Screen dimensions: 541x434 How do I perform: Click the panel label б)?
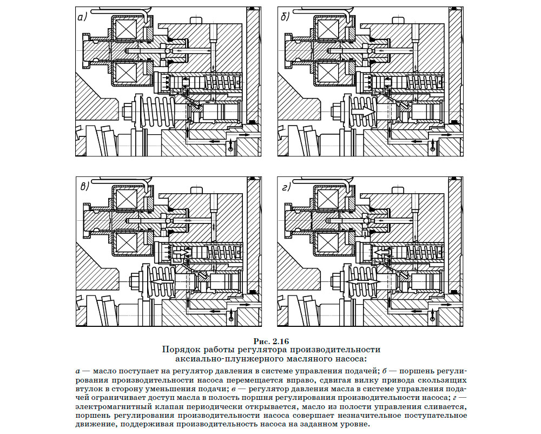(x=285, y=17)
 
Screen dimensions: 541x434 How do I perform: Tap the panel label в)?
(x=84, y=187)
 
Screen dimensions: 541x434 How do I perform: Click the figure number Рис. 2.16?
(x=271, y=341)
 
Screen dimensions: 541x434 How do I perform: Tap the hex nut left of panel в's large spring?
(x=135, y=278)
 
